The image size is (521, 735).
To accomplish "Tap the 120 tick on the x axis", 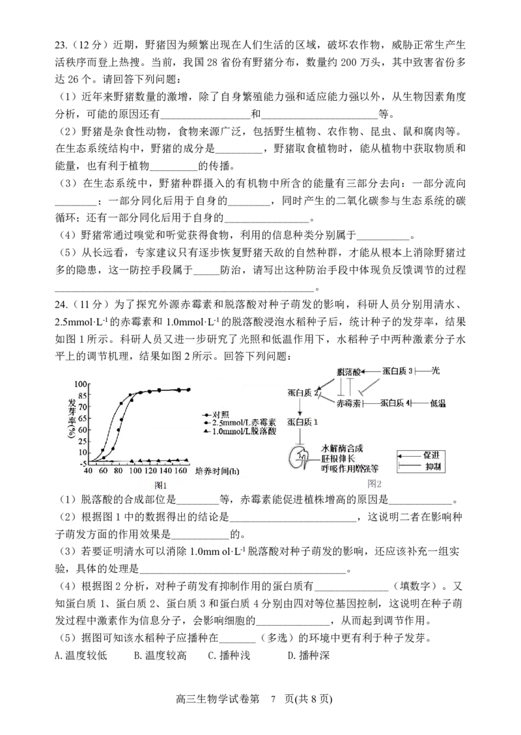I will [x=151, y=470].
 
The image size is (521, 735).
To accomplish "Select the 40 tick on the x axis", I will [x=88, y=470].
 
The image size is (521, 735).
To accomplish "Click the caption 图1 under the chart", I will [x=161, y=485].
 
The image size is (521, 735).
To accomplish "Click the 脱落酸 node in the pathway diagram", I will [x=347, y=371].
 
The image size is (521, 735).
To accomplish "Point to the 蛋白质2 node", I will [x=302, y=394].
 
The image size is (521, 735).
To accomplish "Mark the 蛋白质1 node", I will [x=300, y=423].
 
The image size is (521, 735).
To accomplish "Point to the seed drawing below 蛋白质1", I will [x=302, y=457].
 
